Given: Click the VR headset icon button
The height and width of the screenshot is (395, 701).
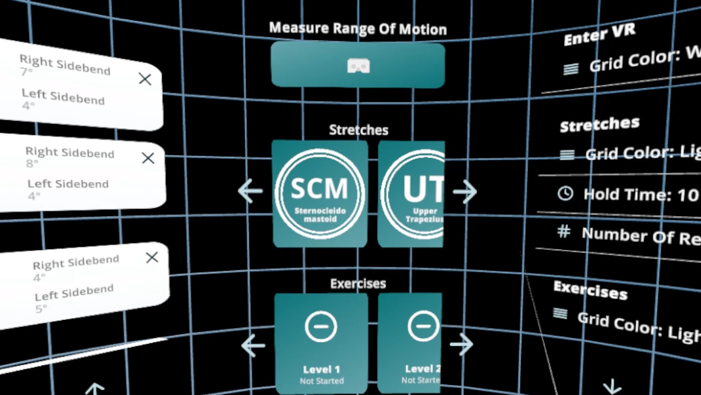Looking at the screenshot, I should pos(358,66).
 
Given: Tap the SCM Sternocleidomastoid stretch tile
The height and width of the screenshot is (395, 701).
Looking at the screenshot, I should pos(320,193).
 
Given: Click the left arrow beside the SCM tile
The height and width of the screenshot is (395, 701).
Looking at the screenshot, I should pos(250,191).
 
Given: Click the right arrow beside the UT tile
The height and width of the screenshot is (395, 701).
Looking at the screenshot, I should pos(464,191).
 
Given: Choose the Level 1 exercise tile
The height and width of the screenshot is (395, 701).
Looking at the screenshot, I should pos(321,343).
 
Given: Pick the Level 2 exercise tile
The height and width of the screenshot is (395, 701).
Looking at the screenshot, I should pos(410,343).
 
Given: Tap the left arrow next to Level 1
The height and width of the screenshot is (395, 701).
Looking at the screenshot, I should pos(252,345).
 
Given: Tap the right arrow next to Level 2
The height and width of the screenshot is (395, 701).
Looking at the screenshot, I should pos(461,345).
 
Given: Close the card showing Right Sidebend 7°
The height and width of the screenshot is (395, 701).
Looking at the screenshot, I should pos(145,80).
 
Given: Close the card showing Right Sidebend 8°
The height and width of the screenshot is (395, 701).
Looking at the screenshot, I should pos(148,159).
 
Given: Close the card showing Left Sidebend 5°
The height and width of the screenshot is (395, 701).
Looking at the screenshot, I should pos(152,257).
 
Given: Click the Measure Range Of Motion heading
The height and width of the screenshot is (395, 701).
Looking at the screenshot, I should pos(358,29).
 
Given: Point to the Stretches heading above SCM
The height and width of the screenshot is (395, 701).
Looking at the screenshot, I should pos(359,130).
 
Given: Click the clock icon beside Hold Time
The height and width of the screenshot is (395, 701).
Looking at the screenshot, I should pos(565,193).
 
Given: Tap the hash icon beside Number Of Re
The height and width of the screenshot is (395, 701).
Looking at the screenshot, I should pos(564,231).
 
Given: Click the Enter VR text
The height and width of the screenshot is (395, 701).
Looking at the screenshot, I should pos(599,35).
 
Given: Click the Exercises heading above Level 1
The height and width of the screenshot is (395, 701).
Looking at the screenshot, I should pos(358,284).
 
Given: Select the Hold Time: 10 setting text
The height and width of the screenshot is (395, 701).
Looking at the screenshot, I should pos(641,195).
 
